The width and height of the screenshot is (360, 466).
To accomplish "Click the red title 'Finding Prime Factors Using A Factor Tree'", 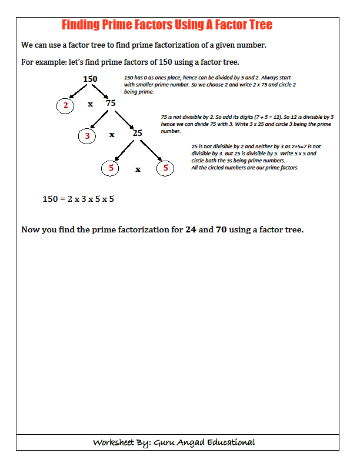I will pos(167,25).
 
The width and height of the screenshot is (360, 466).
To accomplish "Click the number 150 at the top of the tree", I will pos(90,79).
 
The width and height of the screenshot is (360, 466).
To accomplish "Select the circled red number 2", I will pos(65,105).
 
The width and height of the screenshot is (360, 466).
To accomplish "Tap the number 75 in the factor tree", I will pos(111,104).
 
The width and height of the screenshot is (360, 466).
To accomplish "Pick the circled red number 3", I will pos(87,136).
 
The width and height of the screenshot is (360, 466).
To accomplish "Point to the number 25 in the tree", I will pos(137,133).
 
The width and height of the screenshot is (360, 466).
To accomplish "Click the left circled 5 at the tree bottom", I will pos(110,168).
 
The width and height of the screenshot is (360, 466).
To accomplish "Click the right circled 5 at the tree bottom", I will pos(165,168).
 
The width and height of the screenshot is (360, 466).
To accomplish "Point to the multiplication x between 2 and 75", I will pos(90,104).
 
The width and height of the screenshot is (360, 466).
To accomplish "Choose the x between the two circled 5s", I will pos(138,169).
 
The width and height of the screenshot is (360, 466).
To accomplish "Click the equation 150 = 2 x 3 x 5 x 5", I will pos(78,199).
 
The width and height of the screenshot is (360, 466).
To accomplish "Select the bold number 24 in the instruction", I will pos(191,229).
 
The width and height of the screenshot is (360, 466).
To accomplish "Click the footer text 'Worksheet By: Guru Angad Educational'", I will pos(174,442).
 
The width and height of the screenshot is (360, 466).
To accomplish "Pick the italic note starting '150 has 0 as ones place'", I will pos(209,85).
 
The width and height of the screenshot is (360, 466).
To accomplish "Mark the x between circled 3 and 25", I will pos(112,135).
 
